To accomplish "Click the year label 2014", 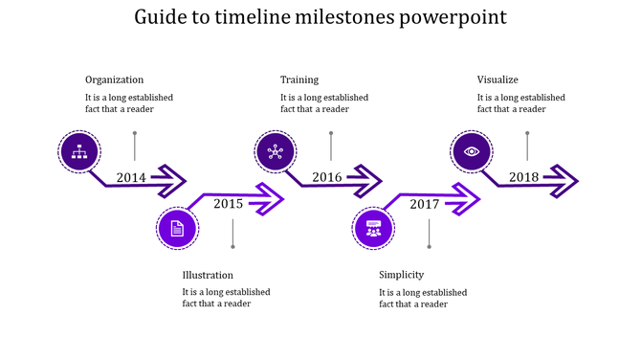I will click(x=131, y=177).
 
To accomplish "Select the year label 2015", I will click(x=228, y=203).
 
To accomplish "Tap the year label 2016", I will click(x=326, y=177).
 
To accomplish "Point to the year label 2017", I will click(x=424, y=204).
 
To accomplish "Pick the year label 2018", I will click(x=523, y=177).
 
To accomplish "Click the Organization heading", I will click(x=114, y=79).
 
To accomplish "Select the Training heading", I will click(x=299, y=79).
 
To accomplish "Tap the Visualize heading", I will click(x=497, y=79).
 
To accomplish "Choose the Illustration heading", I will click(x=208, y=275).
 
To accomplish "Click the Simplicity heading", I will click(x=401, y=275).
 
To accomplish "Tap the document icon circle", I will click(x=177, y=229).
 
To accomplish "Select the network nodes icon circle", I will click(x=276, y=150).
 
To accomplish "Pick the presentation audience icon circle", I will click(x=373, y=229).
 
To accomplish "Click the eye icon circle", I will click(x=472, y=150).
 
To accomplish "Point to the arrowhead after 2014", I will click(x=172, y=178).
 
